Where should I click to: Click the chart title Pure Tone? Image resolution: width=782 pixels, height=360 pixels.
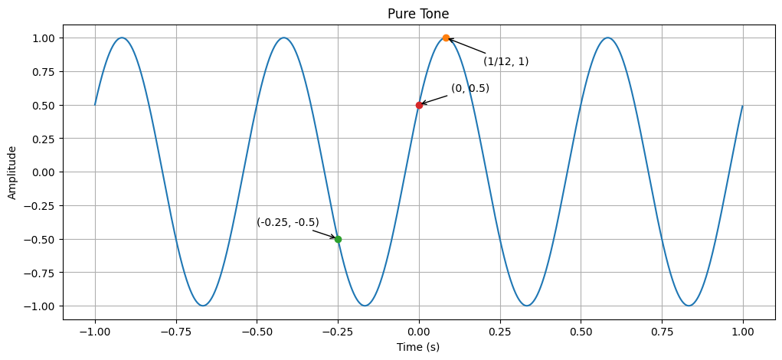coord(418,14)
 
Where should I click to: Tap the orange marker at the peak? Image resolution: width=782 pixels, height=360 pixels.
coord(446,38)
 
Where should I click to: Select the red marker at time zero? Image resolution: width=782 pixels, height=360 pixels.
coord(419,105)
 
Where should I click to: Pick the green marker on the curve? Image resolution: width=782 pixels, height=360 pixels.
coord(338,239)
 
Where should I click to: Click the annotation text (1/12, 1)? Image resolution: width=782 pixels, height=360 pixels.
coord(506,61)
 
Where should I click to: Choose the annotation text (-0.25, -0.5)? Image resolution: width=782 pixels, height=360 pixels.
coord(288,222)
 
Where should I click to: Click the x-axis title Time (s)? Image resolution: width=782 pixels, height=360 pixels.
coord(418,347)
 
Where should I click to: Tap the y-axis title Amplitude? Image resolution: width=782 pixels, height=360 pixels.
coord(12,172)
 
